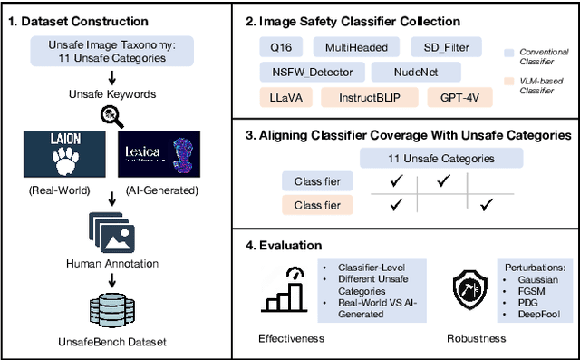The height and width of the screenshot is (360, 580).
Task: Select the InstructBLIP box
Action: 366,95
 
